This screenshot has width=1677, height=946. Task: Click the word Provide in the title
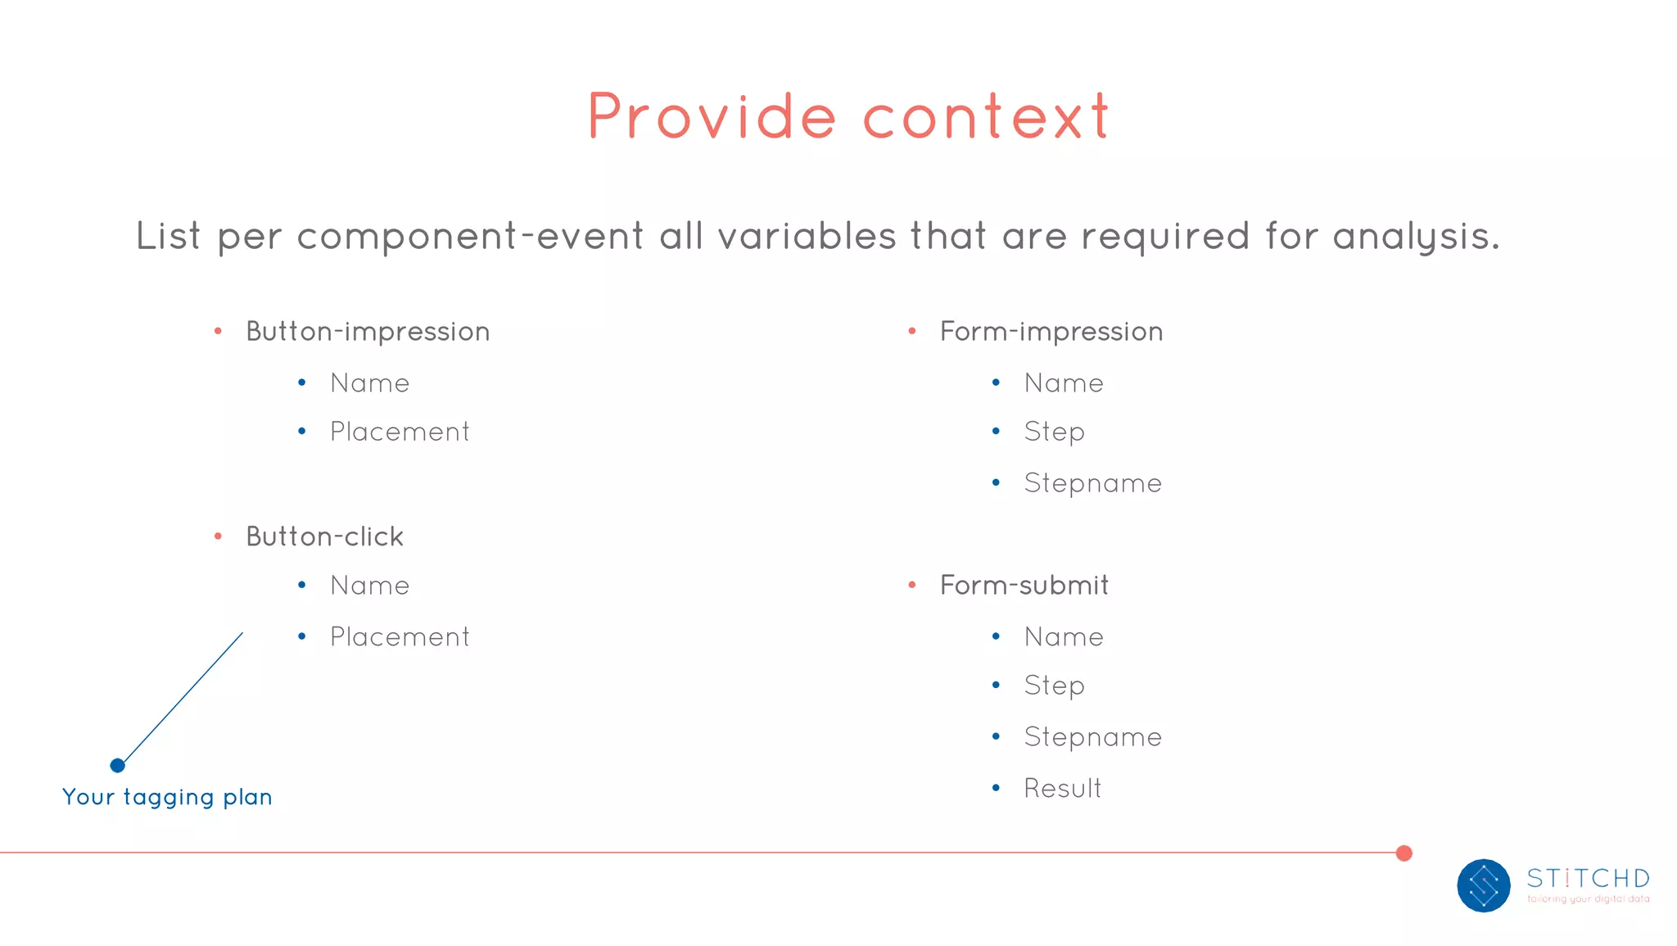pos(712,117)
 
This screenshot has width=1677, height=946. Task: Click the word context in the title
pos(986,117)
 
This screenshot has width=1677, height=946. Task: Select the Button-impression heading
pos(368,332)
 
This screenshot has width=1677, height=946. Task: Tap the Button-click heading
pos(325,536)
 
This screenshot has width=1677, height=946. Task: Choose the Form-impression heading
pos(1051,332)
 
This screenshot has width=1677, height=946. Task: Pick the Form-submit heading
pos(1024,586)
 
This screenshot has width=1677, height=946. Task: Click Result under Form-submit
pos(1062,788)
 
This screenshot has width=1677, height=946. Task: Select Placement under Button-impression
pos(400,432)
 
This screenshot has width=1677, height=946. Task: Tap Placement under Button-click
pos(400,637)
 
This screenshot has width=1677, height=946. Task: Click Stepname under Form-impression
pos(1092,483)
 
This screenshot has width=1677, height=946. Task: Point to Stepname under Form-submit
pos(1092,737)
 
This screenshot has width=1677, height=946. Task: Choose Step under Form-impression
pos(1054,432)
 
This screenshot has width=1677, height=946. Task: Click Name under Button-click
pos(369,586)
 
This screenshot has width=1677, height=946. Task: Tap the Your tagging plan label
pos(167,797)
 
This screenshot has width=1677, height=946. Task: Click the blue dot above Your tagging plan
pos(117,765)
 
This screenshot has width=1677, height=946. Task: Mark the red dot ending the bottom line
pos(1404,853)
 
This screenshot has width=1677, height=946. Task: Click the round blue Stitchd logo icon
pos(1483,885)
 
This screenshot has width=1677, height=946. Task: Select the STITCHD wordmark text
pos(1588,878)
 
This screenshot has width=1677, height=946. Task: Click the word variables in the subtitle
pos(807,236)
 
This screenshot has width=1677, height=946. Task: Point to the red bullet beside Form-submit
pos(911,585)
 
